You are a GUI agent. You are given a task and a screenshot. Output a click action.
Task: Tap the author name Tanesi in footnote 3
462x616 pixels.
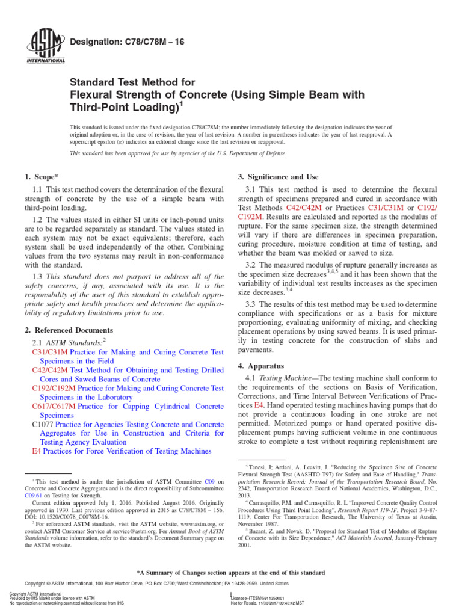[260, 467]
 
